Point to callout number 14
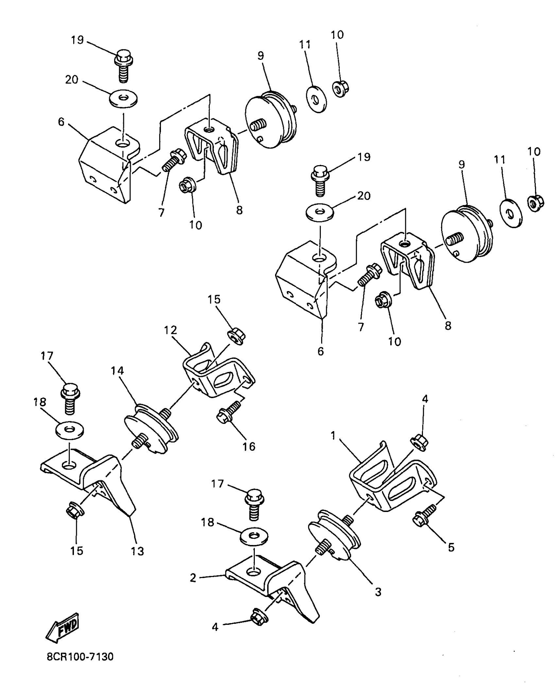pos(117,371)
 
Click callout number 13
pos(137,551)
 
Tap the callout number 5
pos(451,547)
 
